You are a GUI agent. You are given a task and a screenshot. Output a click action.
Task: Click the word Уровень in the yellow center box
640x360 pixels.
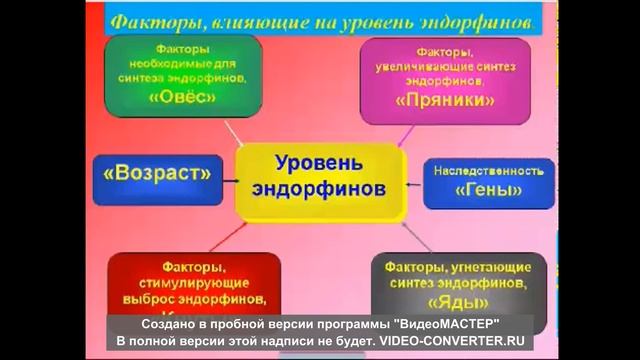click(x=319, y=162)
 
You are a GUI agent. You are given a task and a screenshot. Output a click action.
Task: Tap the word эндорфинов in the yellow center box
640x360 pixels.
click(x=319, y=189)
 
